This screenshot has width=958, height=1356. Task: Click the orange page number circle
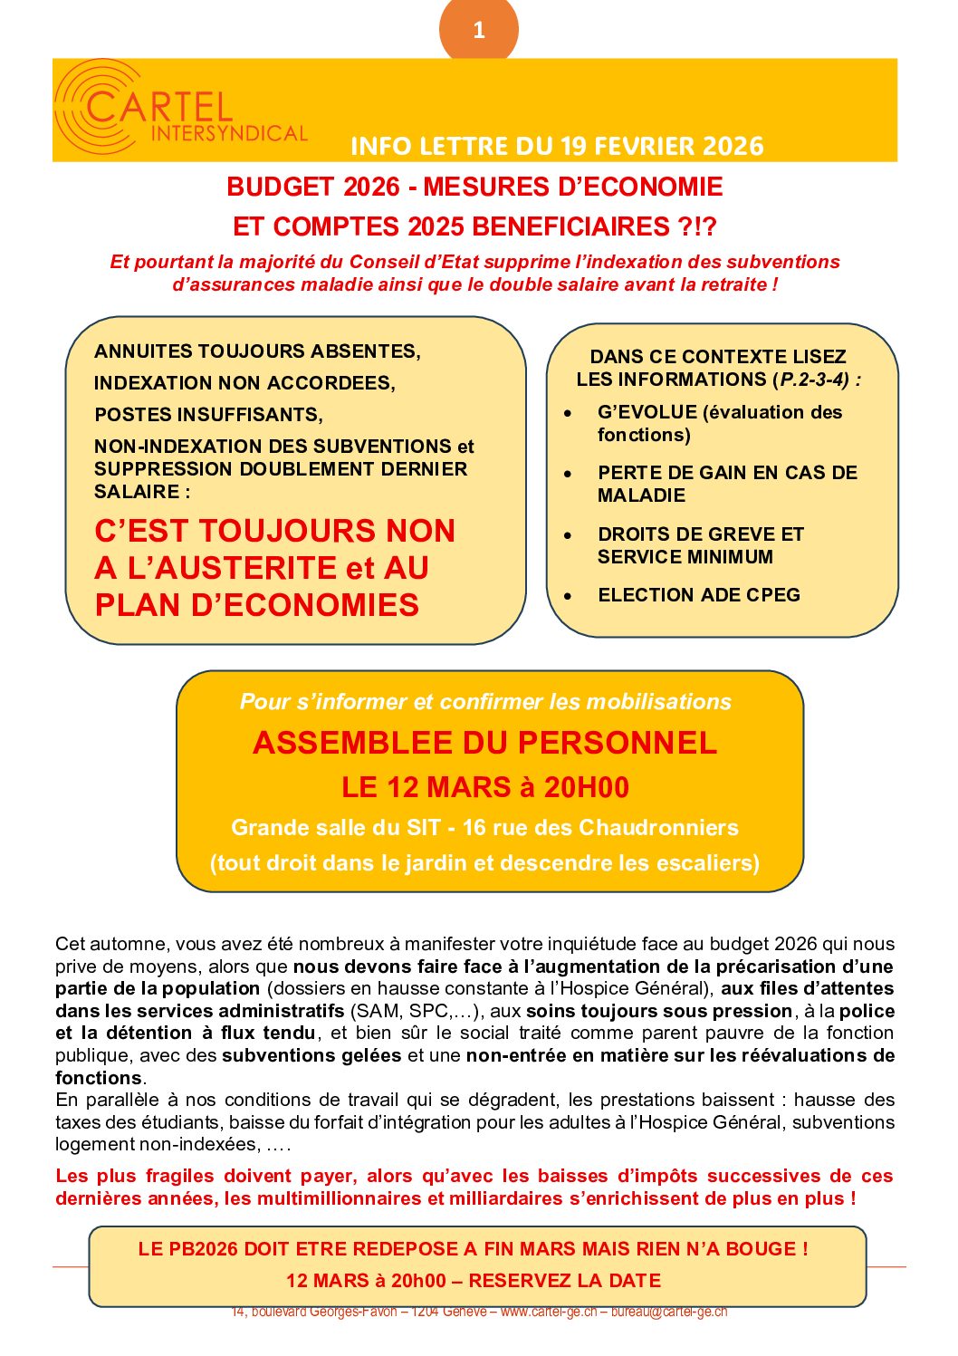(478, 30)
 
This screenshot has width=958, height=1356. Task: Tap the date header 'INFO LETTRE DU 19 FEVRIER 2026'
(557, 146)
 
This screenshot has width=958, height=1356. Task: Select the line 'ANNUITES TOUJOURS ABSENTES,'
(257, 351)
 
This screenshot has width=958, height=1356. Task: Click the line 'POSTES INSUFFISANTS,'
(208, 415)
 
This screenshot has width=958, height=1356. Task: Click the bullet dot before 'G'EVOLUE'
(568, 413)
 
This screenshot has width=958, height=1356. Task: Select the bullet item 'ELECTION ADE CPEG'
(699, 595)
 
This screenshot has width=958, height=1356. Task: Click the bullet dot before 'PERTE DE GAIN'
(568, 474)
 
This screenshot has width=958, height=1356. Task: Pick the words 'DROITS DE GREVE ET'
(701, 534)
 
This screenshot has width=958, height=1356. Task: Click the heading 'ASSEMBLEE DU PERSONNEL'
(485, 743)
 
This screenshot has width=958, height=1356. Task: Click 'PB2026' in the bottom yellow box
(203, 1249)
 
